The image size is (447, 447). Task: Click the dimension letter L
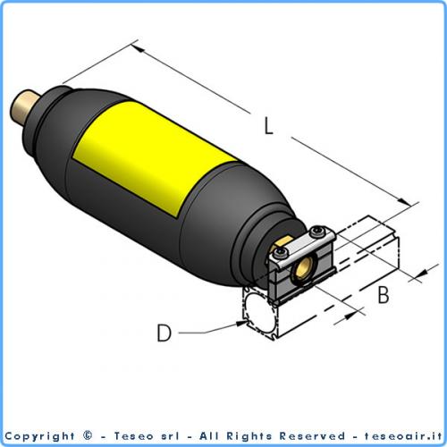tap(270, 126)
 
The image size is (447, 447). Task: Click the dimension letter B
tap(383, 293)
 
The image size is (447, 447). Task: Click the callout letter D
tap(164, 333)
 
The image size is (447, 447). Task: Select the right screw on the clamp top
tap(319, 235)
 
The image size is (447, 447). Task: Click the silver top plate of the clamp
tap(302, 246)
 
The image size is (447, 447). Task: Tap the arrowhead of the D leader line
tap(243, 325)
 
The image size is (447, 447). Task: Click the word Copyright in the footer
tap(41, 436)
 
